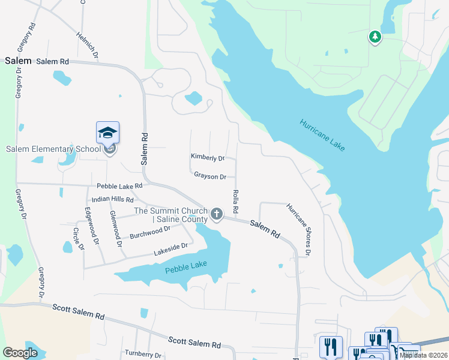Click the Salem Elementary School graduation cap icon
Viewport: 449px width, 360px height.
tap(108, 133)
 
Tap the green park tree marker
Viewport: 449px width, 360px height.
tap(375, 37)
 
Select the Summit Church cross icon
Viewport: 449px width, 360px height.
tap(217, 213)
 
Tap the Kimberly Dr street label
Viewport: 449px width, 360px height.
tap(207, 158)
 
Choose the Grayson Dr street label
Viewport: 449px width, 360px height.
tap(209, 176)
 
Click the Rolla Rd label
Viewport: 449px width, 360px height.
tap(235, 202)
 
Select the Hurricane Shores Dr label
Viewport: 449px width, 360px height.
tap(298, 229)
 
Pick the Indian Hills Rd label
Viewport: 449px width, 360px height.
tap(113, 199)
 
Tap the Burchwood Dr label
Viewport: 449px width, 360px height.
tap(150, 233)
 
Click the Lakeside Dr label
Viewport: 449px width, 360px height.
tap(170, 245)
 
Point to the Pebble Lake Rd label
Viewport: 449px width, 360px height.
tap(119, 187)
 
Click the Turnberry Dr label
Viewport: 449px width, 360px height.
tap(143, 355)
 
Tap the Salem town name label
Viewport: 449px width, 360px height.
tap(18, 61)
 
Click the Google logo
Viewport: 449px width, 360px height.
tap(20, 352)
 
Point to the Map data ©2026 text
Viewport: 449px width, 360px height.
tap(423, 355)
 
